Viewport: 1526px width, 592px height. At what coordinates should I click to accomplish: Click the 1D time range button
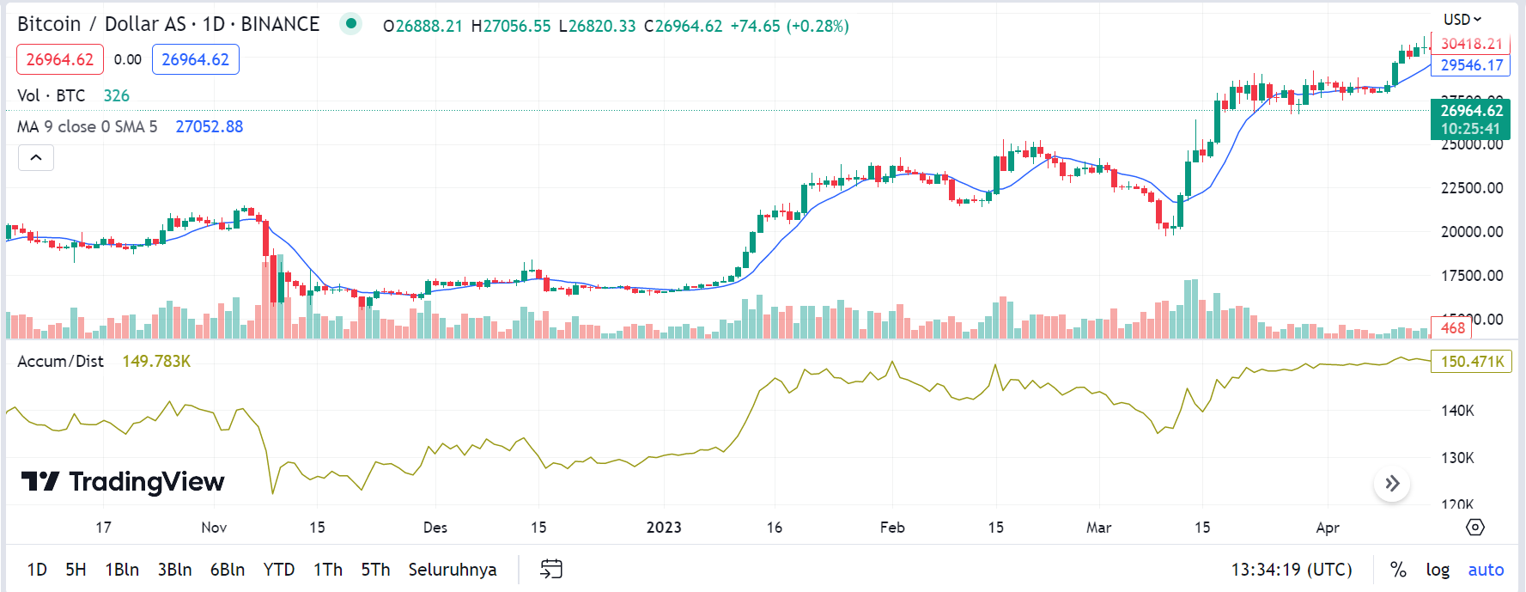coord(37,570)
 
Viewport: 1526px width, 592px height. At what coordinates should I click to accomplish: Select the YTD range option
coord(279,570)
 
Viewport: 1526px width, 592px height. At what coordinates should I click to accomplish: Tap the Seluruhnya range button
coord(453,570)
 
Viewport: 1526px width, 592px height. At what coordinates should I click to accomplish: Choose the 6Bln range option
coord(228,570)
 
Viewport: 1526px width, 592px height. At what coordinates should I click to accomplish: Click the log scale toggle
coord(1438,570)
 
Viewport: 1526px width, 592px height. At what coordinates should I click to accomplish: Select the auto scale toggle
coord(1486,570)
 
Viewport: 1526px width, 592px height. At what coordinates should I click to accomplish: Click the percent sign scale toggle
coord(1398,570)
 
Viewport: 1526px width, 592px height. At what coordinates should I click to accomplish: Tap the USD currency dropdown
coord(1462,19)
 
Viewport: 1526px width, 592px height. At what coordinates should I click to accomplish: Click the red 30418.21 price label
coord(1471,44)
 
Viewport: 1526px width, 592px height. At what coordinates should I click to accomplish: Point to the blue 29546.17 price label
coord(1471,65)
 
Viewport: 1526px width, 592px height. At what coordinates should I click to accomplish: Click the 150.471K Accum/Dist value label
coord(1471,362)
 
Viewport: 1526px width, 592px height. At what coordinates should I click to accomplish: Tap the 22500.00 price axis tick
coord(1472,188)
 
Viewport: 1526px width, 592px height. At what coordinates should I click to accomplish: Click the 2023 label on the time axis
coord(664,528)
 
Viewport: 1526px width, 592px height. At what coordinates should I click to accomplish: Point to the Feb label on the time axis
coord(892,528)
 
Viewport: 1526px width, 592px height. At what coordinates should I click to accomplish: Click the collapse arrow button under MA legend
coord(36,157)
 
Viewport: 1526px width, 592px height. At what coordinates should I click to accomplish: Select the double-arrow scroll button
coord(1392,484)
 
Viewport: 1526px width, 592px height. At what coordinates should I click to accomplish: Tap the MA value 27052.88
coord(210,127)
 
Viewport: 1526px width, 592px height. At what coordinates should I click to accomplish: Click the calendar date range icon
coord(551,569)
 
